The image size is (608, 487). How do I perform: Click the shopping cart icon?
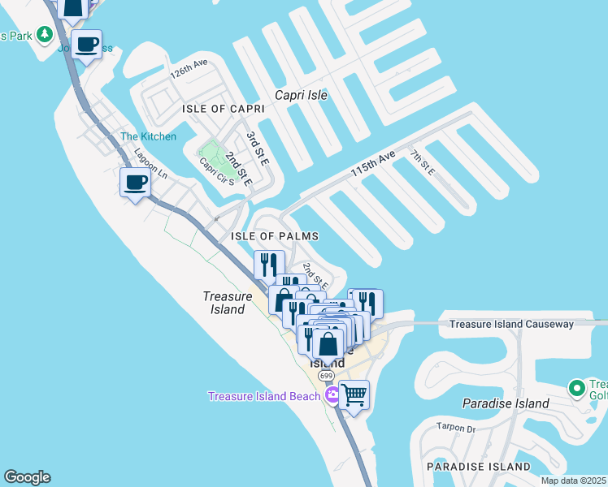point(354,395)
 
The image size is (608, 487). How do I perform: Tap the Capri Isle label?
point(301,95)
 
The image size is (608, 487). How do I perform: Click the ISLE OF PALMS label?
point(274,236)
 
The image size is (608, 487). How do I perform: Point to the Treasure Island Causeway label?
point(511,324)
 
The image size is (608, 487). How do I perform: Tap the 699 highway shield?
point(327,376)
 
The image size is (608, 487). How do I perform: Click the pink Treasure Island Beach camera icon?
point(332,396)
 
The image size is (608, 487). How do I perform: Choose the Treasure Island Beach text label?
point(263,396)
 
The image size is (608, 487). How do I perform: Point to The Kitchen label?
point(148,136)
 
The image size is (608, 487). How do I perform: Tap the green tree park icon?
point(46,35)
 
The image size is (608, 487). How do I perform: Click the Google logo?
point(27,477)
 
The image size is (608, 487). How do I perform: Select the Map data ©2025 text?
point(573,481)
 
